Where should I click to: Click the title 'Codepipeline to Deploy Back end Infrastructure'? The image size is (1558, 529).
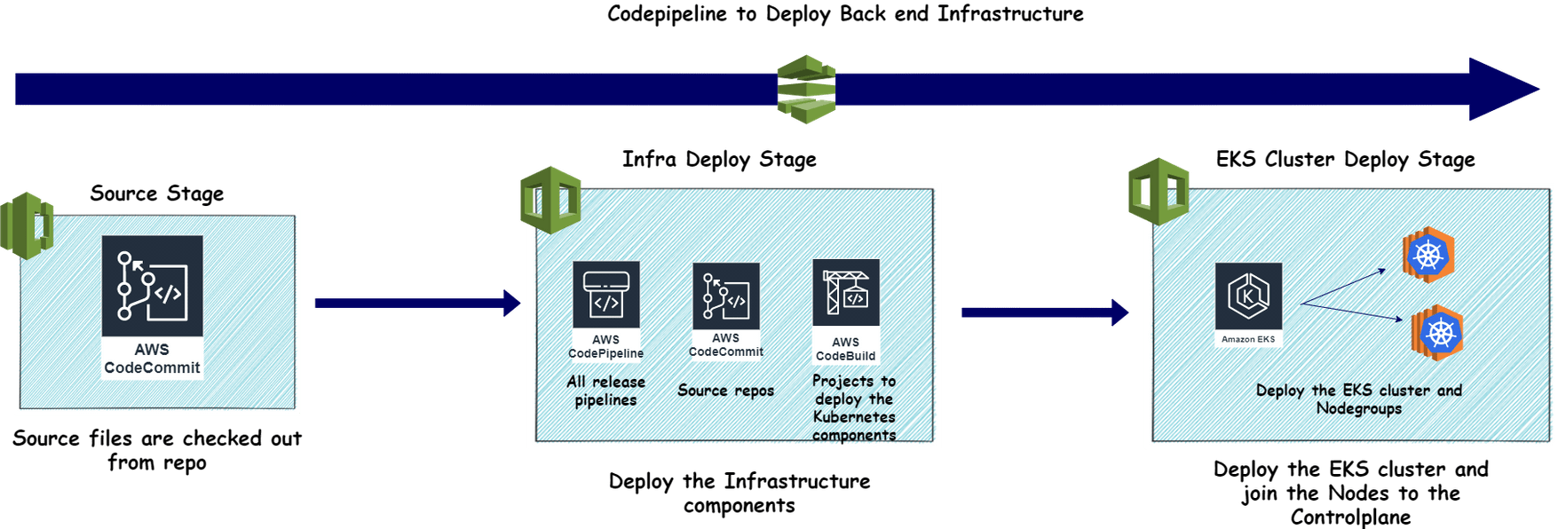tap(845, 14)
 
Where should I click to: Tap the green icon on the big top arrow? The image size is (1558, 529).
tap(806, 89)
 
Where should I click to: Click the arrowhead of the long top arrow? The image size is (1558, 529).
tap(1504, 89)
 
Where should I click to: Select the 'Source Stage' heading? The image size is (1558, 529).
tap(157, 193)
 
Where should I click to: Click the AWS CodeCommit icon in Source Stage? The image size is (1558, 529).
tap(152, 307)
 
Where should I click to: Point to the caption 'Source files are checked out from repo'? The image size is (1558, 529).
tap(157, 450)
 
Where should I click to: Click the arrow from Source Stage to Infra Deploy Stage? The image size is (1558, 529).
tap(417, 304)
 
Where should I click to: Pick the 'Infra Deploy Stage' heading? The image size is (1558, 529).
tap(719, 160)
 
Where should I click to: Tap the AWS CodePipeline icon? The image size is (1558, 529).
tap(606, 312)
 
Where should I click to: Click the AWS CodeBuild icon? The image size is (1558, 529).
tap(846, 312)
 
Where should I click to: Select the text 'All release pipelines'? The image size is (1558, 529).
tap(606, 391)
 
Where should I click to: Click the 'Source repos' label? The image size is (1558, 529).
tap(726, 391)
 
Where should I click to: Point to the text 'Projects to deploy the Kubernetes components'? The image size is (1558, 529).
tap(854, 407)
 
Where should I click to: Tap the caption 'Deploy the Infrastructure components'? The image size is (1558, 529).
tap(739, 493)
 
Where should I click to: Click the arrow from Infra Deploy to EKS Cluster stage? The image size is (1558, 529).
tap(1045, 312)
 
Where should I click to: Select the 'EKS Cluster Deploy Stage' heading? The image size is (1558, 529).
tap(1346, 160)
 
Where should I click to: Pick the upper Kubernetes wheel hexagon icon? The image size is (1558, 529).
tap(1428, 256)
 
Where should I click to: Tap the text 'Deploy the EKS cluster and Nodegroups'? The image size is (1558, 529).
tap(1359, 399)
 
